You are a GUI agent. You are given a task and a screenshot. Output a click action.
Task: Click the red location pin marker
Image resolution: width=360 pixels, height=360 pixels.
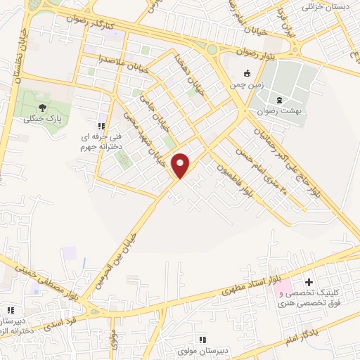pyautogui.click(x=181, y=165)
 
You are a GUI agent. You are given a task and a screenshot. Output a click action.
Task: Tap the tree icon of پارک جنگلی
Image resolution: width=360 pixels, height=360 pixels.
pyautogui.click(x=43, y=108)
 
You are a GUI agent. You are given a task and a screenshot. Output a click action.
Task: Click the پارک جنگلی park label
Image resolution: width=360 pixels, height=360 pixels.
pyautogui.click(x=39, y=119)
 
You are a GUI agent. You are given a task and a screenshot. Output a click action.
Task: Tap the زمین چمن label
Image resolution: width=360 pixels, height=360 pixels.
pyautogui.click(x=246, y=84)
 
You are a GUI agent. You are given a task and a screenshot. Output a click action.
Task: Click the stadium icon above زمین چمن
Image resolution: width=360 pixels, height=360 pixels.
pyautogui.click(x=246, y=73)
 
